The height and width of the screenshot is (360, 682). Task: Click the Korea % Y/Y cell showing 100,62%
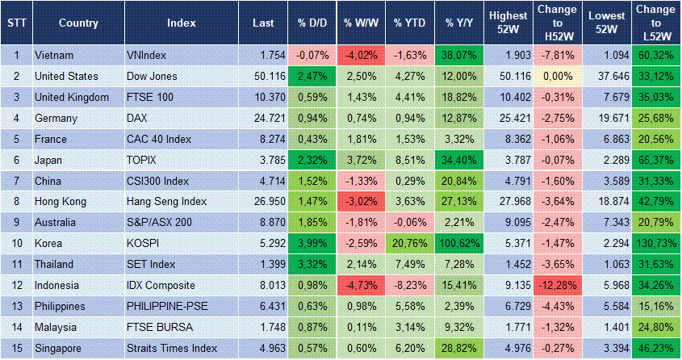(459, 243)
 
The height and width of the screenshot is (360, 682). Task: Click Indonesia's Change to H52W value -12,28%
(557, 285)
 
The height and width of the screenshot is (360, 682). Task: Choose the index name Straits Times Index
(172, 348)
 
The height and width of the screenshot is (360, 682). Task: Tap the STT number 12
(15, 285)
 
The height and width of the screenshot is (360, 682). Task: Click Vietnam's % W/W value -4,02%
(361, 56)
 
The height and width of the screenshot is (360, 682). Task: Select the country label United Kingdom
(72, 98)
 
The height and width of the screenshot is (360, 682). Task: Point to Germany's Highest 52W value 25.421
(508, 119)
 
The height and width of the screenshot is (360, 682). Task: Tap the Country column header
(78, 23)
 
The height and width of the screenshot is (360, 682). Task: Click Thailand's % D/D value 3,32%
(312, 264)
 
